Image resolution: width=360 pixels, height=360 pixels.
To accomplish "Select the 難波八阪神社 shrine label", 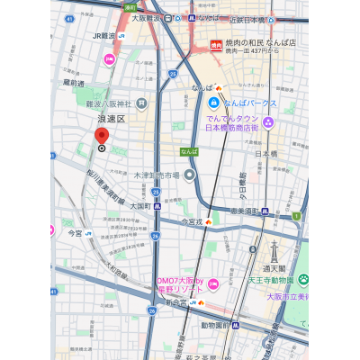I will coord(121,103).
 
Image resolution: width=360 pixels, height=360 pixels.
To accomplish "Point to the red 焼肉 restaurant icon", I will coord(216,44).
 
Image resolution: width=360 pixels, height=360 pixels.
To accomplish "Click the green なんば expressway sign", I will coord(188,152).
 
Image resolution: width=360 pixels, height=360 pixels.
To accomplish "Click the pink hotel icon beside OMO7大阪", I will coord(213,285).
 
